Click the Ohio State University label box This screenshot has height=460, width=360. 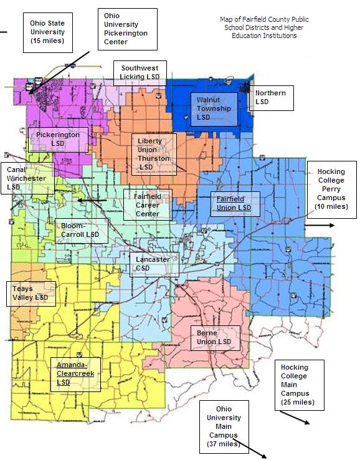pos(47,34)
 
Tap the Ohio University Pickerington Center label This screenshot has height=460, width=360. pos(127,29)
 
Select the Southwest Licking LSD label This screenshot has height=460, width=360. pos(140,72)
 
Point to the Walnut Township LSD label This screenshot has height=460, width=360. pos(214,108)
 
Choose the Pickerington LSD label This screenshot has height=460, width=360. pos(57,138)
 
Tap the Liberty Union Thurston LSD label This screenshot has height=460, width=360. pos(153,154)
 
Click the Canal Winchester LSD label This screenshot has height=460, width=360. pos(25,178)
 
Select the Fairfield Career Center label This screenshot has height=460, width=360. pos(148,205)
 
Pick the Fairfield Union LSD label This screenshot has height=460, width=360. pos(234,203)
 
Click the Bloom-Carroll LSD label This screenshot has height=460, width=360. pos(80,230)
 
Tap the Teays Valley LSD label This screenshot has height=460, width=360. pos(31,293)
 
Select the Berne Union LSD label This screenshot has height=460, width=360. pos(214,337)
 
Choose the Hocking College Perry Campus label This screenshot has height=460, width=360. pos(331,189)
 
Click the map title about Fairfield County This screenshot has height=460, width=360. pos(264,27)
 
